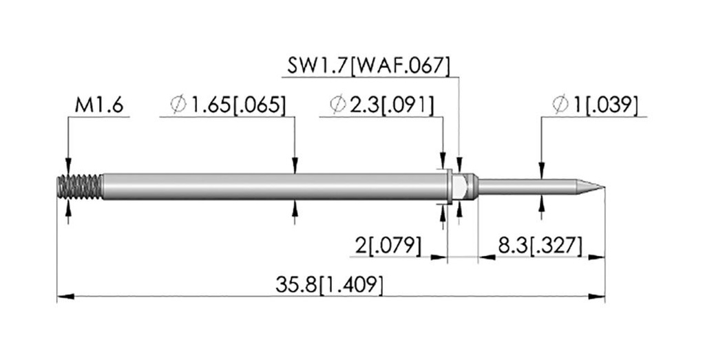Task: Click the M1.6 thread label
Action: point(99,105)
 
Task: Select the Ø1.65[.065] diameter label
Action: point(228,105)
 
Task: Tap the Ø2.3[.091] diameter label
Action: point(382,105)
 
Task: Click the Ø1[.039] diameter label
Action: point(596,105)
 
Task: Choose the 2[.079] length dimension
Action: point(388,246)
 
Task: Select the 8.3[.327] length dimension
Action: point(540,246)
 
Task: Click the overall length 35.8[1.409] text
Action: point(330,284)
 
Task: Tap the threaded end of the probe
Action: point(80,187)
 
